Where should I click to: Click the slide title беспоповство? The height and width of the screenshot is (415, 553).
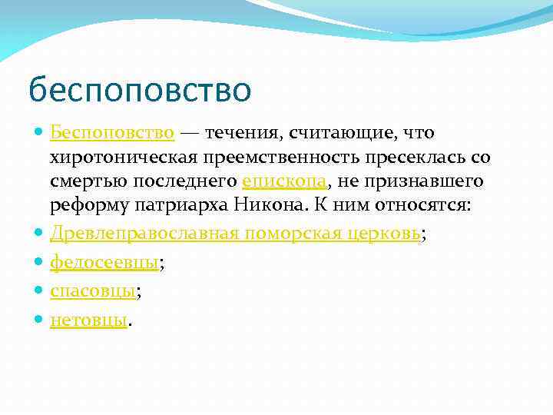point(139,90)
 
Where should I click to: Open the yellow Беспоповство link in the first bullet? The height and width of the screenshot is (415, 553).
point(112,133)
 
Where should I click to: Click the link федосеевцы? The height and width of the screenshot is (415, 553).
point(104,263)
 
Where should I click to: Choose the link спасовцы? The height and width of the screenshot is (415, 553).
point(93,290)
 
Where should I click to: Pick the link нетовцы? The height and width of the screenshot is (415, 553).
point(88,319)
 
